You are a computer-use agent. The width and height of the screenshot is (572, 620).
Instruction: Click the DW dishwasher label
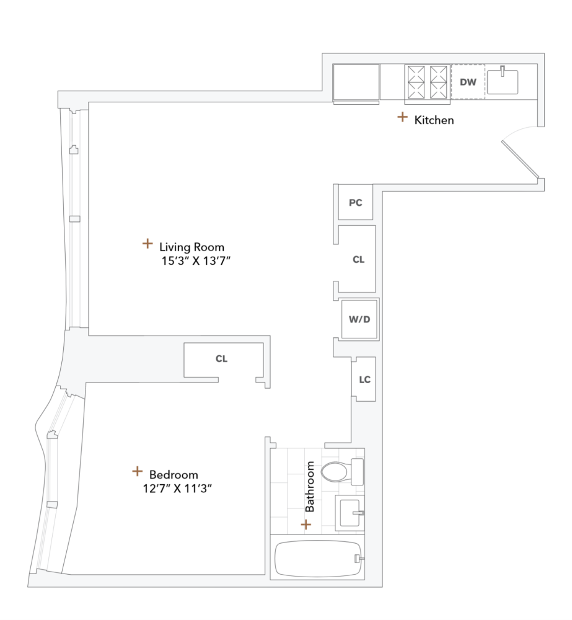(468, 81)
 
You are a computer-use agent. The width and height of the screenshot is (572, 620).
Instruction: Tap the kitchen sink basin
(502, 81)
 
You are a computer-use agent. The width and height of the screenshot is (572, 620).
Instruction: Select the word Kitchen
(434, 120)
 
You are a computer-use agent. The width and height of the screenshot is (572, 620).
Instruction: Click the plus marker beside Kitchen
(402, 117)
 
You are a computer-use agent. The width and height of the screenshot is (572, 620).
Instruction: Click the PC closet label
(355, 203)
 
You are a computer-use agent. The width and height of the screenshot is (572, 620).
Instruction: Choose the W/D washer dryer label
(359, 320)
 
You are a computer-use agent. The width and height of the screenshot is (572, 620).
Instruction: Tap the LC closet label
(365, 379)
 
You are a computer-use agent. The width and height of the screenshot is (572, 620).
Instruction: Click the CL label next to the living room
(358, 260)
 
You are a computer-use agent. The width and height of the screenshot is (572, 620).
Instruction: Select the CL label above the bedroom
(221, 359)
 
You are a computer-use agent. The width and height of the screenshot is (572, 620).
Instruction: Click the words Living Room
(191, 247)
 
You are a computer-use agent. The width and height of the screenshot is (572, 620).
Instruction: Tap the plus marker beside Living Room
(147, 244)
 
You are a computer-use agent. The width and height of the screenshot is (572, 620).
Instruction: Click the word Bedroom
(174, 475)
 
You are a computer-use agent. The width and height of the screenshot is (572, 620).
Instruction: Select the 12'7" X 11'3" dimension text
(177, 489)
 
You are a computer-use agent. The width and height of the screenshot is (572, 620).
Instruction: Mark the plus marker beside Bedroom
(137, 471)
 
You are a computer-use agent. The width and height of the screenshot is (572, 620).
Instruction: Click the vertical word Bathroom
(310, 486)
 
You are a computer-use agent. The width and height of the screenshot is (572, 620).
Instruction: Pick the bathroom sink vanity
(349, 513)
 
